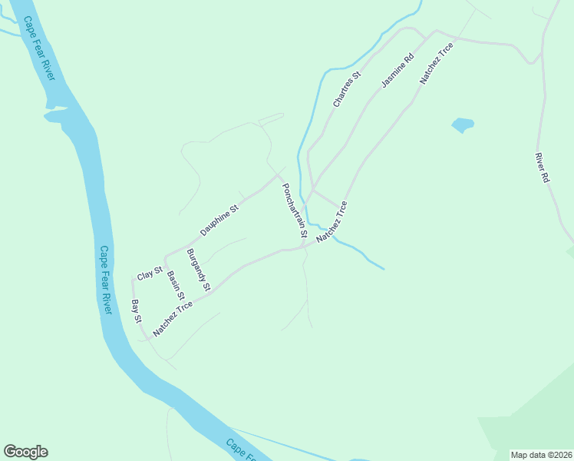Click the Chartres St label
point(346,90)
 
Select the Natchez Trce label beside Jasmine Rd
point(436,63)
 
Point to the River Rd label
point(543,167)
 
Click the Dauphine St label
point(219,220)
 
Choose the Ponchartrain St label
point(294,210)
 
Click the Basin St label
point(176,285)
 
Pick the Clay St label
point(150,273)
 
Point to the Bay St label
point(137,310)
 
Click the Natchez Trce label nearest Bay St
point(173,319)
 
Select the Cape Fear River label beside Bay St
point(106,280)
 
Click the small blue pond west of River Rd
point(463,124)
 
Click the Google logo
point(25,452)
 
